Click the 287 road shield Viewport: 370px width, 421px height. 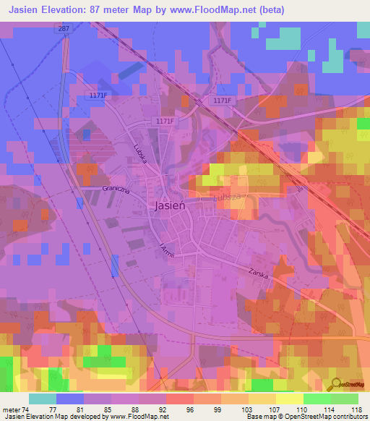pos(64,27)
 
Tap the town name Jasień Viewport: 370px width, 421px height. pos(171,205)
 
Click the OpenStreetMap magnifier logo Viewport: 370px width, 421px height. pos(336,383)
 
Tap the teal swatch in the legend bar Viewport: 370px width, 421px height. pos(43,399)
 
